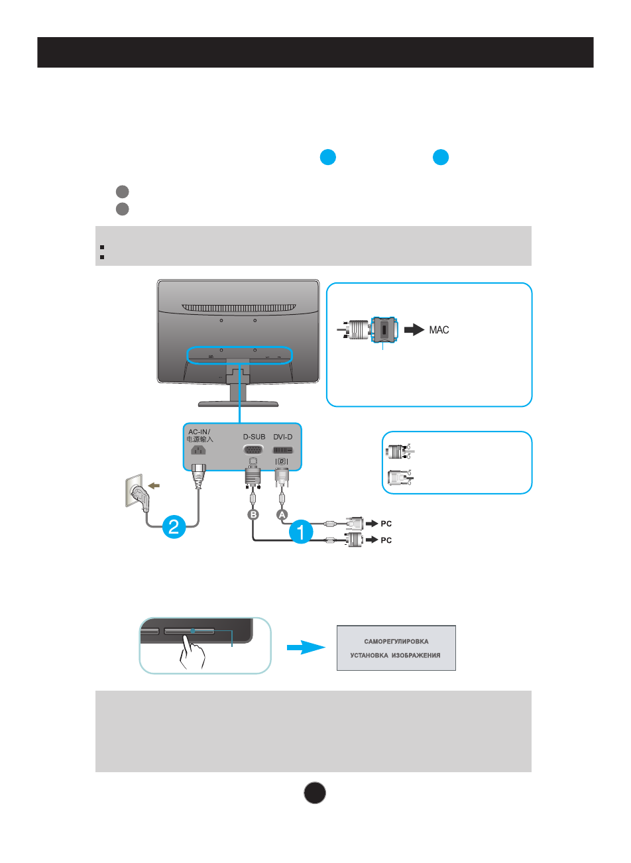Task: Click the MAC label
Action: pyautogui.click(x=439, y=329)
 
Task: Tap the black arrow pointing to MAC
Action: pyautogui.click(x=414, y=329)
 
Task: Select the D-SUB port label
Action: pyautogui.click(x=254, y=437)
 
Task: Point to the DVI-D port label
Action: pyautogui.click(x=282, y=437)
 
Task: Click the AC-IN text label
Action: pyautogui.click(x=199, y=432)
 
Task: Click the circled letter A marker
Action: pyautogui.click(x=282, y=514)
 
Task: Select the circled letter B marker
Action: pyautogui.click(x=253, y=514)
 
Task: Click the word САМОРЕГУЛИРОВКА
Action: pyautogui.click(x=396, y=642)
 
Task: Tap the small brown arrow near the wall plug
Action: pyautogui.click(x=154, y=486)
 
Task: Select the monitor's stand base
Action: pyautogui.click(x=238, y=403)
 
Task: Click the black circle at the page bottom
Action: pyautogui.click(x=315, y=793)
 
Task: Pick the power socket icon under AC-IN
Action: pyautogui.click(x=198, y=450)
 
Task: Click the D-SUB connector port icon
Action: pyautogui.click(x=253, y=449)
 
